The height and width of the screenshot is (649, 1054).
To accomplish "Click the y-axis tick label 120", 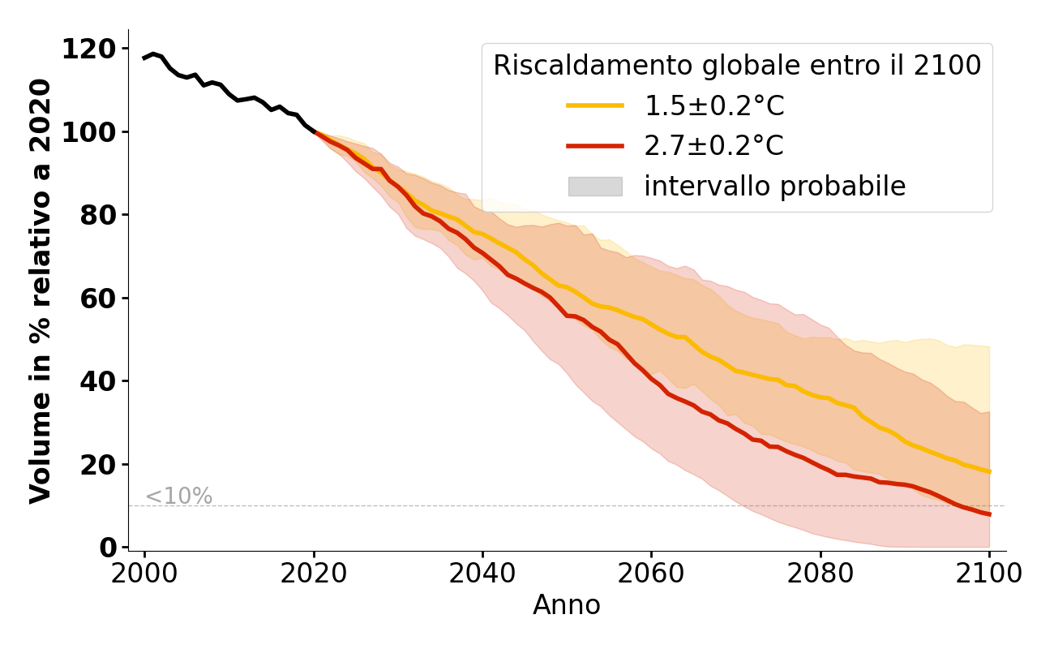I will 89,49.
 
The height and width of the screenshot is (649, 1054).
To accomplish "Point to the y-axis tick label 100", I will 89,132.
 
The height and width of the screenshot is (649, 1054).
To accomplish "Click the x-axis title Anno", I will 567,605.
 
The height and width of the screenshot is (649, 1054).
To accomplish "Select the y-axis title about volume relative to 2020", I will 41,290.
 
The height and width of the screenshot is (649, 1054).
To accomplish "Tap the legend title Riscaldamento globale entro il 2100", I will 737,66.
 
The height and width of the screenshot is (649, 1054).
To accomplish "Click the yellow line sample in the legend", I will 595,105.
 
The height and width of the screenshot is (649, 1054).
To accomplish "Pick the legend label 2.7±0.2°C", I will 713,146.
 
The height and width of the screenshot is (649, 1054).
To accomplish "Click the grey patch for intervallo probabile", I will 595,187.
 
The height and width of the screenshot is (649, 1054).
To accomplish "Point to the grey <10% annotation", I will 178,496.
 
